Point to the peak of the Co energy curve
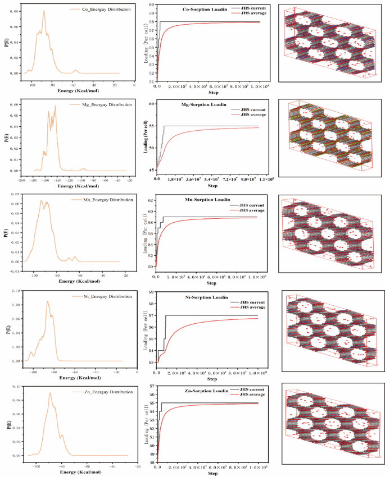(44, 11)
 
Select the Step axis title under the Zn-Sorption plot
(212, 474)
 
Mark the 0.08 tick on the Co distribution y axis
(12, 11)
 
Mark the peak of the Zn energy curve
(50, 392)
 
